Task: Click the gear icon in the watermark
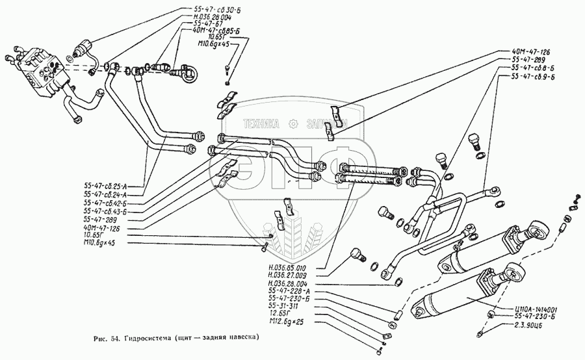point(294,123)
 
